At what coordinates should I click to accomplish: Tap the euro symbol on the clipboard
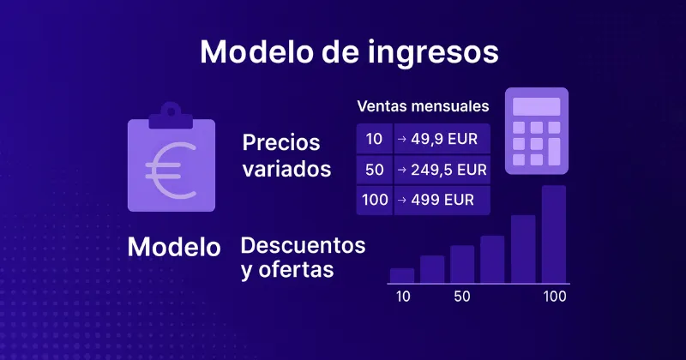click(x=170, y=166)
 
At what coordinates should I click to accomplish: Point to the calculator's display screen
click(x=536, y=106)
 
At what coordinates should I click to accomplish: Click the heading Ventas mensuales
click(x=423, y=107)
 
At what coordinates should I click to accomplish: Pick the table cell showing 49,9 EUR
click(x=441, y=138)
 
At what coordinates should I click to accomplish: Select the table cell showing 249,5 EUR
click(x=441, y=169)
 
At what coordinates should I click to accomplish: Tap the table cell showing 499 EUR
click(x=441, y=200)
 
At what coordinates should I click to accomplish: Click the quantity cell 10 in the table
click(x=374, y=138)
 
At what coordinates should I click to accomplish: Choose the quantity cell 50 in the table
click(x=374, y=169)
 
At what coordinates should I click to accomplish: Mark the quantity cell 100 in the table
click(x=374, y=200)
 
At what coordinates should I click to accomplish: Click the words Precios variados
click(x=286, y=155)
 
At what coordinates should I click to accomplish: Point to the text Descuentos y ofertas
click(x=303, y=257)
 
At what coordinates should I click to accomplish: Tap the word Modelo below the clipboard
click(x=174, y=248)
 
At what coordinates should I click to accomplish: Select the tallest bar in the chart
click(x=554, y=234)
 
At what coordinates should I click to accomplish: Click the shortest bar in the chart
click(x=402, y=275)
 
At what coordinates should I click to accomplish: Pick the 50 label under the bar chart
click(x=462, y=297)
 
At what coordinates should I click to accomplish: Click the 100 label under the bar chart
click(x=554, y=297)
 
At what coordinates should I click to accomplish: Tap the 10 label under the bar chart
click(x=402, y=297)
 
